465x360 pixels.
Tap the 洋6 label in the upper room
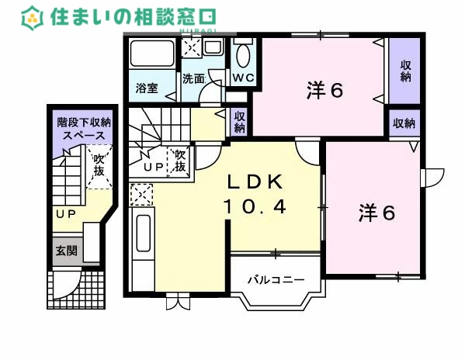click(x=324, y=91)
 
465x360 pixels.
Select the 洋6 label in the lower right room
click(x=377, y=212)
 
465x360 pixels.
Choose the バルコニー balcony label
click(x=271, y=279)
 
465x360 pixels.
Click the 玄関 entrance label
click(x=64, y=251)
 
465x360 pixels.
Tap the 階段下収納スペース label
click(x=85, y=128)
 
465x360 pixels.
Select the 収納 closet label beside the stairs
click(x=240, y=121)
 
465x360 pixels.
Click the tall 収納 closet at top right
click(x=405, y=71)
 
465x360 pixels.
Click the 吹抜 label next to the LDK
click(x=179, y=161)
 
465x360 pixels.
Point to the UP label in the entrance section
click(x=64, y=213)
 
